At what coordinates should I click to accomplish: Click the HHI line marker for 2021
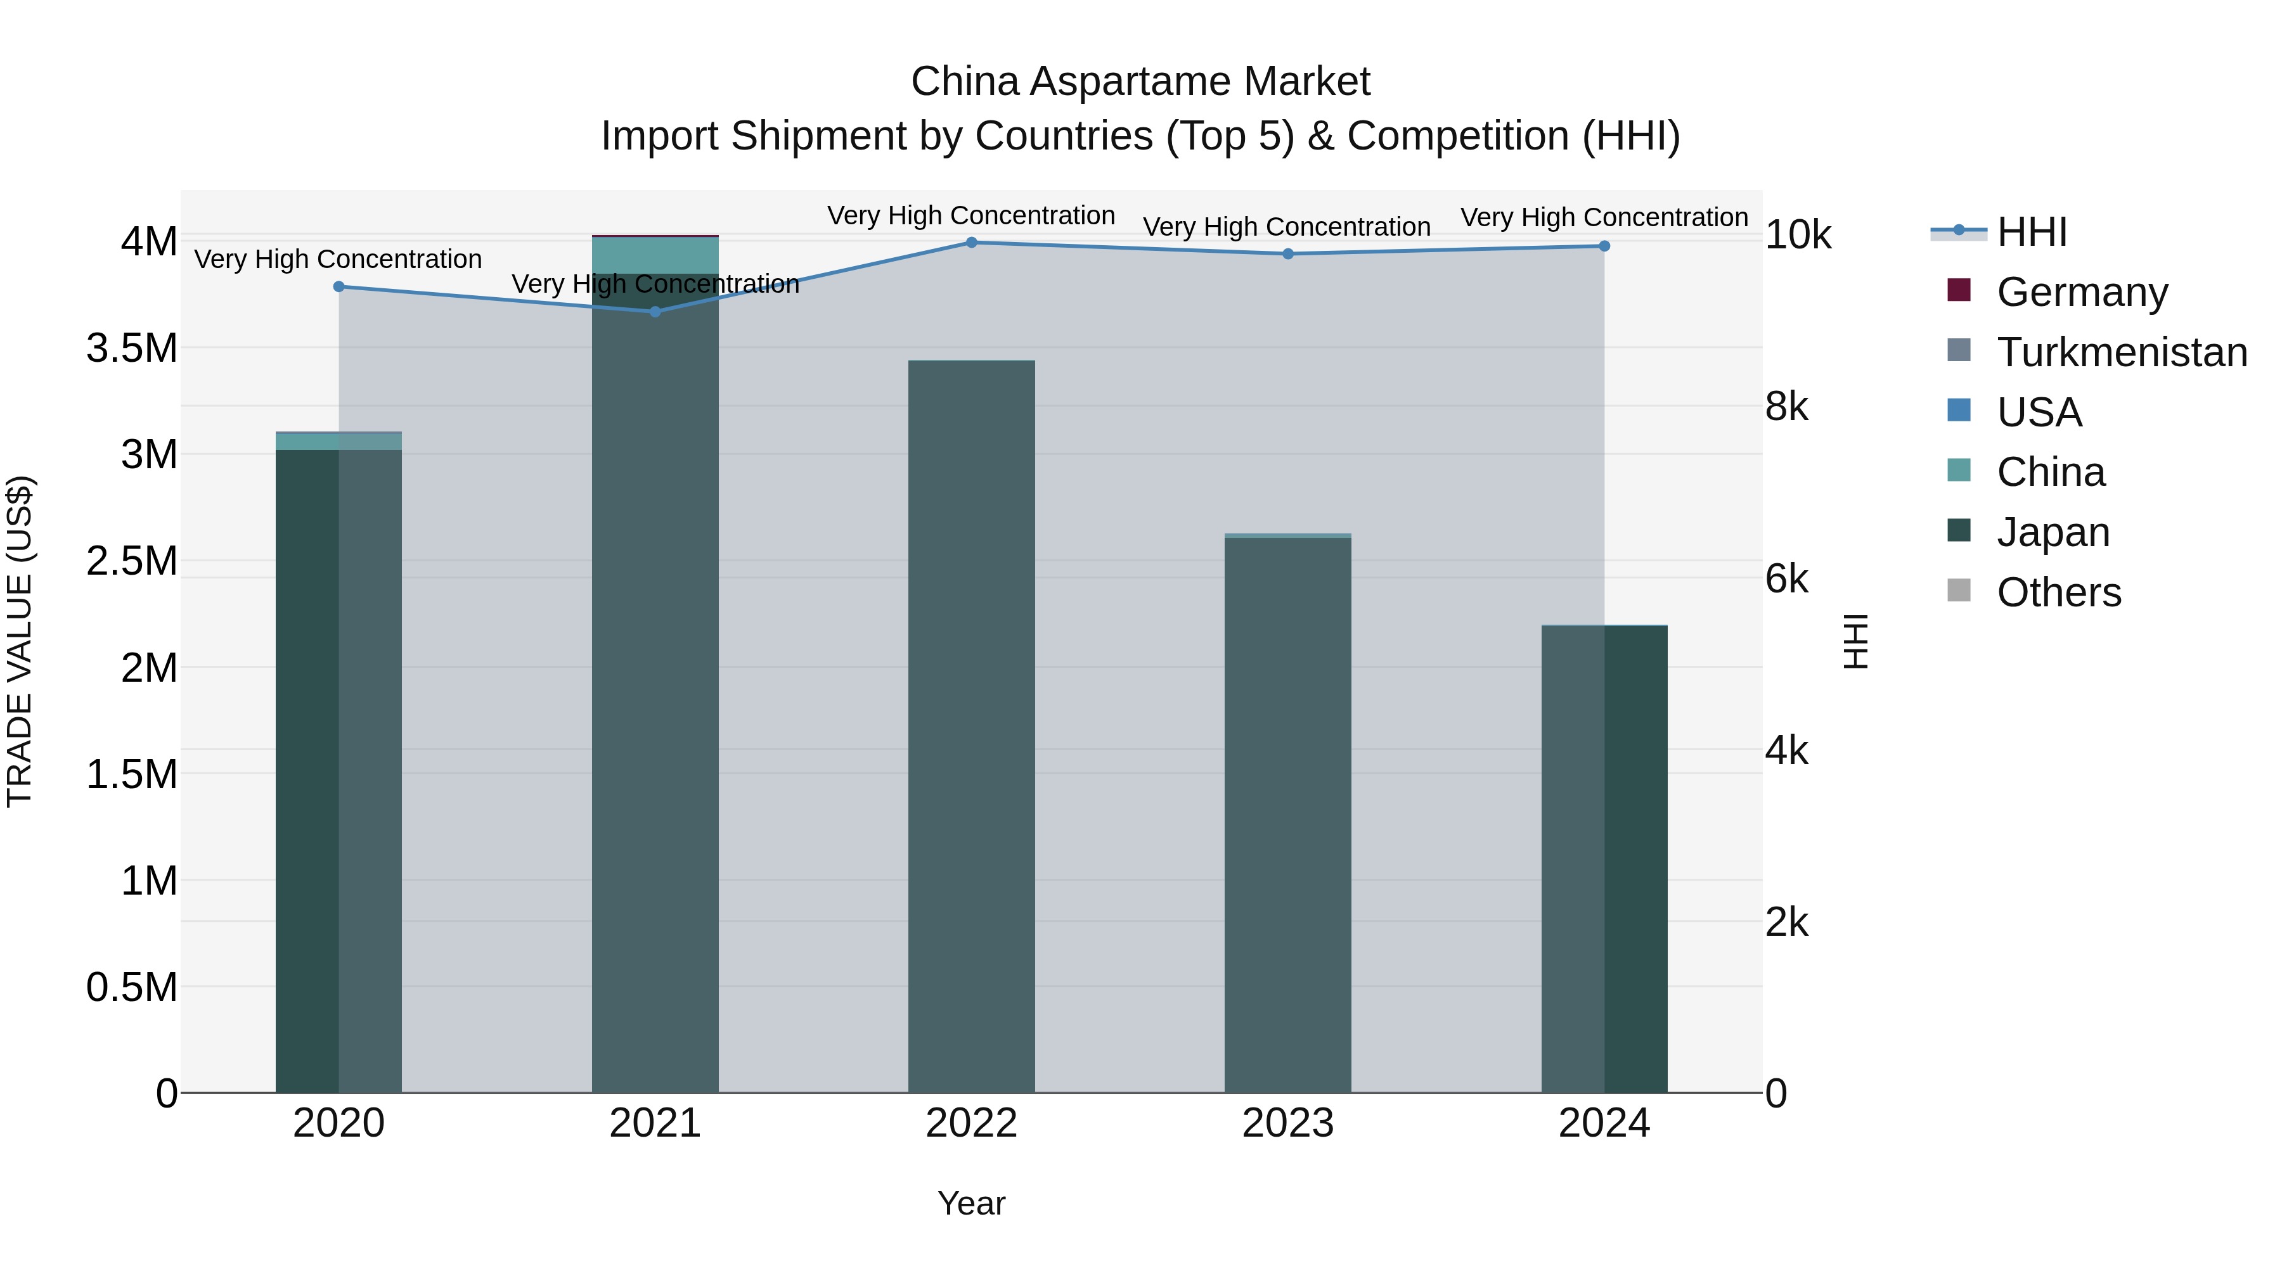click(x=655, y=312)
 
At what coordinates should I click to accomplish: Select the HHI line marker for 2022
click(x=972, y=243)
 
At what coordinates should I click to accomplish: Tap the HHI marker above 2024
click(x=1604, y=246)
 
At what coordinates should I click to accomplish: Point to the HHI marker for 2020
click(x=338, y=287)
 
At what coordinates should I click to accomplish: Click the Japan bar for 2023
click(x=1288, y=815)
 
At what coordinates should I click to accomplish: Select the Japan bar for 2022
click(x=972, y=726)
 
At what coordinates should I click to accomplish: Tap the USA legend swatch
click(x=1959, y=411)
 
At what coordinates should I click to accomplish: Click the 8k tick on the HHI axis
click(x=1787, y=407)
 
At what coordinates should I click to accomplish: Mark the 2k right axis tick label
click(x=1787, y=922)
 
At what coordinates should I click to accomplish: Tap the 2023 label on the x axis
click(x=1288, y=1123)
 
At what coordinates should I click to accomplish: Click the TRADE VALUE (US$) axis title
click(x=20, y=641)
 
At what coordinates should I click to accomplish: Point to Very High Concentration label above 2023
click(x=1287, y=227)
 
